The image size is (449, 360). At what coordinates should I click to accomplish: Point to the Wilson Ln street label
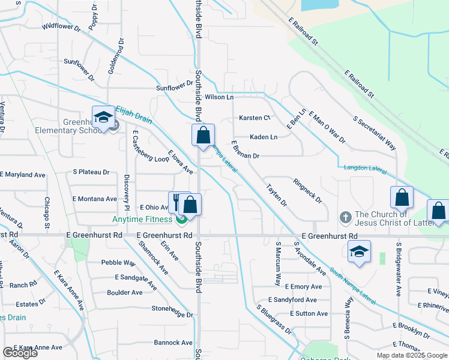(x=218, y=97)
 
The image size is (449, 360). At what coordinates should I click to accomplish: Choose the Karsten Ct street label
(x=255, y=118)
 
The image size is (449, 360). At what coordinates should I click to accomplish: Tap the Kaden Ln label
(x=264, y=137)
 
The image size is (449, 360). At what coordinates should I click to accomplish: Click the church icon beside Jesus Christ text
(x=345, y=216)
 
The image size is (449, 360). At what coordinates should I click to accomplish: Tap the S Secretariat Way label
(x=375, y=133)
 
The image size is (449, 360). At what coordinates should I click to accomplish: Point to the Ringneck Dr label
(x=307, y=190)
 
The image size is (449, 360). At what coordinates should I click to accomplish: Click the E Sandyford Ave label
(x=292, y=300)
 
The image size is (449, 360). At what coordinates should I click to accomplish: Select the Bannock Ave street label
(x=173, y=343)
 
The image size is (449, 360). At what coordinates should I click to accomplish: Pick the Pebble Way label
(x=118, y=262)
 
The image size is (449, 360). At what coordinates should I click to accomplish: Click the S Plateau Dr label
(x=91, y=172)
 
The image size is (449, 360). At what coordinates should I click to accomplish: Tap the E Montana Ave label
(x=94, y=199)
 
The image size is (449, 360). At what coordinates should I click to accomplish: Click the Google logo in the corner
(x=20, y=353)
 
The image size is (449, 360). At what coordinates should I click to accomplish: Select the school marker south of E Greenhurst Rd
(x=359, y=253)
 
